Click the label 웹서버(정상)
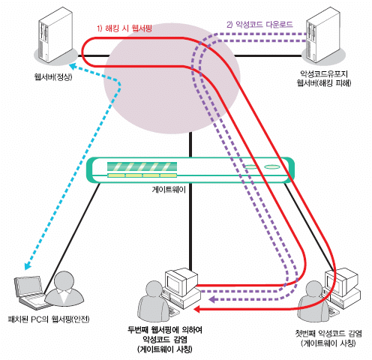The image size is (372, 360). (53, 76)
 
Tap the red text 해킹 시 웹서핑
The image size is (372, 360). (127, 28)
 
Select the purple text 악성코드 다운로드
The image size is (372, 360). (264, 25)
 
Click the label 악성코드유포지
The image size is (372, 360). (324, 73)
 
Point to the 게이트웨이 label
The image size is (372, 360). (169, 190)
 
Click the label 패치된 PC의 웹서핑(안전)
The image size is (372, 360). (49, 319)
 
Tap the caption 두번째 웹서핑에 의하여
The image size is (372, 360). (165, 330)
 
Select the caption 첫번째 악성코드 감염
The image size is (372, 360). (328, 334)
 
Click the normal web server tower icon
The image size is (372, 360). (55, 34)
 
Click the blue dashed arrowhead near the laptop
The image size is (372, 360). (27, 266)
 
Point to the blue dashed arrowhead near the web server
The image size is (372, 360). (73, 67)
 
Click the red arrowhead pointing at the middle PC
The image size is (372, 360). (197, 310)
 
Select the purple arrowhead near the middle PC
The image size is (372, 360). (212, 299)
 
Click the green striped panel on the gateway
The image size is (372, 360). (142, 166)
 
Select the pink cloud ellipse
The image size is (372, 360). (172, 78)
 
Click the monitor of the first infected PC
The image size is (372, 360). (341, 281)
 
